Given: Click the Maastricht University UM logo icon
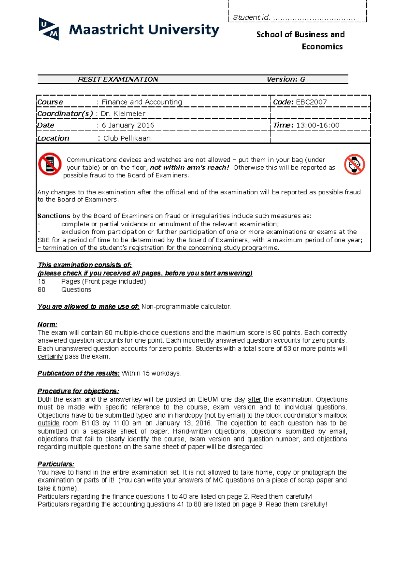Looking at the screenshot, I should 49,29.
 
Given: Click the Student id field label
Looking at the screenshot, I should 251,18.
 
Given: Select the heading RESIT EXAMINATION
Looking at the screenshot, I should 118,80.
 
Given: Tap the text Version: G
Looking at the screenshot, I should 286,80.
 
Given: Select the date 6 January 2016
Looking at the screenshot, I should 128,125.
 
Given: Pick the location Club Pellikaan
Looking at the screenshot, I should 127,138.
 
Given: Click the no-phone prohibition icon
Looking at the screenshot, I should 50,164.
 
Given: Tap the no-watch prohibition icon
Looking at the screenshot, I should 354,164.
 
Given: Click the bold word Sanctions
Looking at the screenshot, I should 54,216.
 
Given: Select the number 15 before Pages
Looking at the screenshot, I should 42,282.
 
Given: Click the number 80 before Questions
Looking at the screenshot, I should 42,290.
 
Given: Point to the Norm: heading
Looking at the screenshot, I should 47,324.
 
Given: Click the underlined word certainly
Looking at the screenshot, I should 50,357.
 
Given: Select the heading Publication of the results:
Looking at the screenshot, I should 78,373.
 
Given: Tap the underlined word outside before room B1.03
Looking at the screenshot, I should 49,423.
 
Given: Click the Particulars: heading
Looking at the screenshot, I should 56,464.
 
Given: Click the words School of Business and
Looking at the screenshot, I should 300,35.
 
